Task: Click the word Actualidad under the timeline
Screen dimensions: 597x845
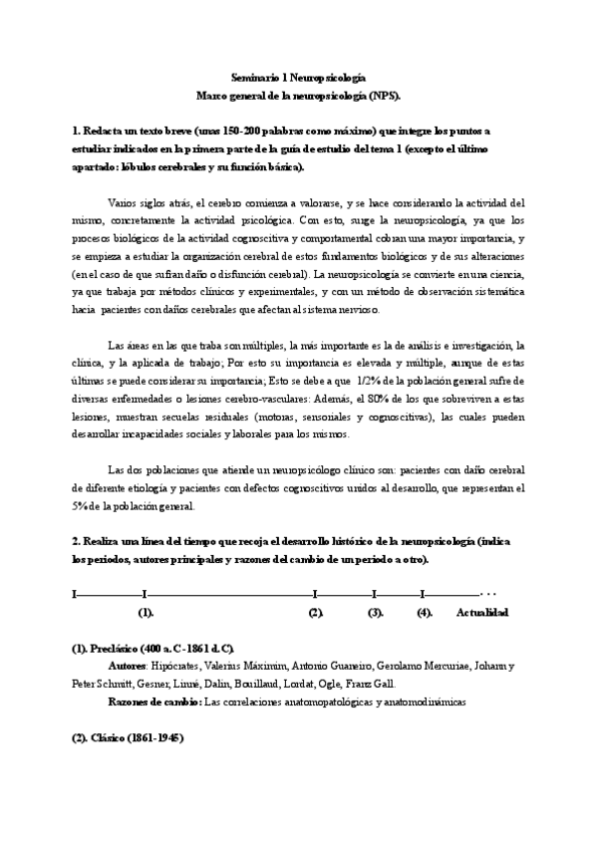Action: click(x=482, y=612)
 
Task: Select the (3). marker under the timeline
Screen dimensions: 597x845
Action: click(x=376, y=612)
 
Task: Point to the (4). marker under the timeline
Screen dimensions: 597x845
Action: click(x=425, y=612)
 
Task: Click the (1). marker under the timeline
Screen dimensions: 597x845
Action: click(x=146, y=612)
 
